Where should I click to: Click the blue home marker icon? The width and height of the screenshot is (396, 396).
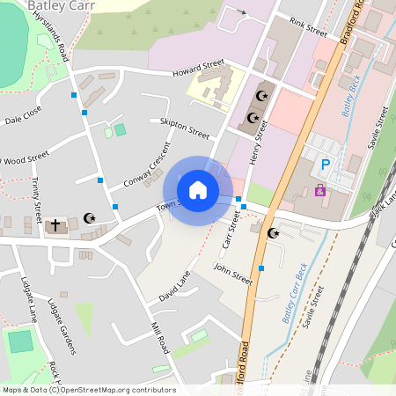point(198,189)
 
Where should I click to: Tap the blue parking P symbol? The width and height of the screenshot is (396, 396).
point(326,164)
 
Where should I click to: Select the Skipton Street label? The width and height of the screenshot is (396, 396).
point(185,128)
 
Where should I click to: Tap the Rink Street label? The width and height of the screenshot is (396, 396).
point(308,28)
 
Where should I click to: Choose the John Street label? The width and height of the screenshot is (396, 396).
point(233,275)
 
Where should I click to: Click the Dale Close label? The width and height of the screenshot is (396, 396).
point(23,116)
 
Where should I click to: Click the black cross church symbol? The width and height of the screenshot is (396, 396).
point(55,225)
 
